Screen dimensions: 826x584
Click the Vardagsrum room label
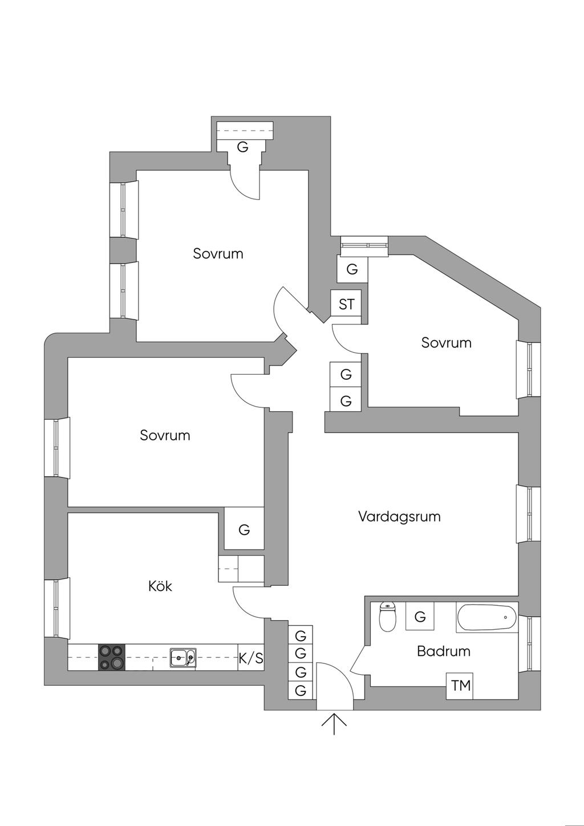click(399, 517)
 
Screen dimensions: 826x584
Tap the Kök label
click(160, 586)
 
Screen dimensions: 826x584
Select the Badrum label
click(443, 651)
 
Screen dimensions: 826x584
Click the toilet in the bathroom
click(388, 618)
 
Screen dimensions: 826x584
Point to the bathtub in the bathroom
click(486, 618)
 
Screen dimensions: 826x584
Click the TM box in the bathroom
click(461, 686)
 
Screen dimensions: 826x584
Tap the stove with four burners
click(112, 657)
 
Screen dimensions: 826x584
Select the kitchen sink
click(182, 658)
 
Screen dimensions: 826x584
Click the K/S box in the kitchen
click(251, 658)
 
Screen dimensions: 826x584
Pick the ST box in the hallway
click(346, 304)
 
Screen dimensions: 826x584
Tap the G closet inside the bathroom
click(420, 617)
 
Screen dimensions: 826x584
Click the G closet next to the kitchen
click(244, 529)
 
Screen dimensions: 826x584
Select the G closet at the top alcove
click(243, 147)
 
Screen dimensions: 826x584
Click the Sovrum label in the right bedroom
click(446, 343)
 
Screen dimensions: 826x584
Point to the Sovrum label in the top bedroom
click(218, 254)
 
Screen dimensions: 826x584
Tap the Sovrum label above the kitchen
click(165, 435)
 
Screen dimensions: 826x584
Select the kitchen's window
click(56, 608)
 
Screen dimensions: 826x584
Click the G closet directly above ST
click(352, 269)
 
